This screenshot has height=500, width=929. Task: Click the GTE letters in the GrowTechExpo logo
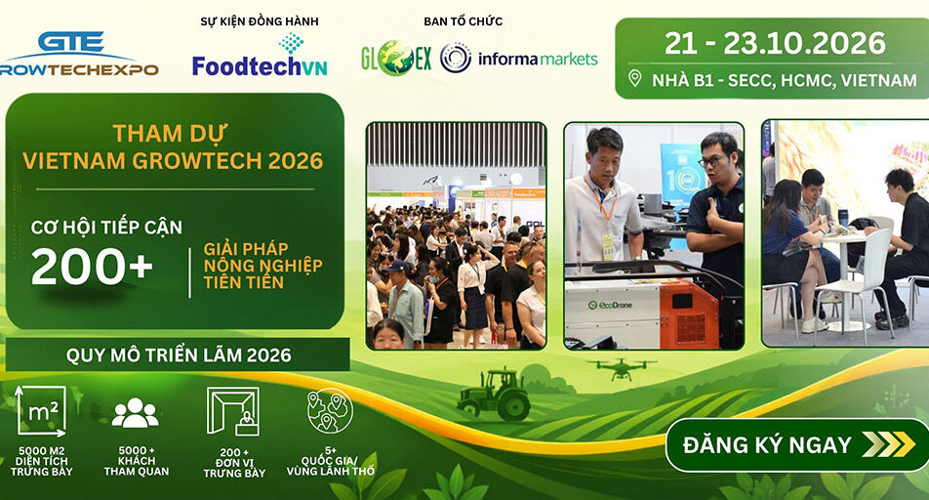[71, 42]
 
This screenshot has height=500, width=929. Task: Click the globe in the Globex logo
[396, 59]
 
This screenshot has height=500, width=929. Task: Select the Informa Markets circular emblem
[456, 59]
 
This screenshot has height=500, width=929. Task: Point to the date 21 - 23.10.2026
[775, 43]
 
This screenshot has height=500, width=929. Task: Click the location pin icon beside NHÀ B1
[634, 78]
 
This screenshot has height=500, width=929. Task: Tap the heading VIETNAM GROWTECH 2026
[173, 161]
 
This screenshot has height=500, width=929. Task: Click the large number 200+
[92, 267]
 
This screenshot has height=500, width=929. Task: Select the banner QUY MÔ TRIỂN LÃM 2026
[178, 354]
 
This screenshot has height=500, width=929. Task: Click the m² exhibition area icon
[41, 411]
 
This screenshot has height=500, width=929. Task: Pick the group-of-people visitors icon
[135, 413]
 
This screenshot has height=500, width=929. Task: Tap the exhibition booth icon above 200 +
[233, 411]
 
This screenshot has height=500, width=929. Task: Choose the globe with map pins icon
[330, 410]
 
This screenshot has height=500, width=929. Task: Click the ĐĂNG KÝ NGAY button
[797, 445]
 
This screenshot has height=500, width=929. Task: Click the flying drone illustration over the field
[622, 368]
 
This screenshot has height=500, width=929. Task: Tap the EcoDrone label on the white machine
[610, 306]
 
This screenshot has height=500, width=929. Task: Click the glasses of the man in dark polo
[712, 161]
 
